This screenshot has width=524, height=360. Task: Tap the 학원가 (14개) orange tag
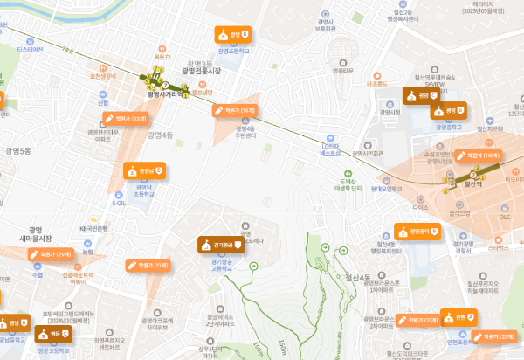(236, 111)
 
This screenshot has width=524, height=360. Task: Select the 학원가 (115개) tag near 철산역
(479, 155)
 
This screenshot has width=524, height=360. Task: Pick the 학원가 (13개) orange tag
(148, 264)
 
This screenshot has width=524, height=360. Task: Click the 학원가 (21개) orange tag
(418, 321)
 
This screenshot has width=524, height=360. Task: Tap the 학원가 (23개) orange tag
(495, 336)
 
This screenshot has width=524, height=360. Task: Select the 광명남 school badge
(144, 170)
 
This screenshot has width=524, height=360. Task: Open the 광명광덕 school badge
(415, 232)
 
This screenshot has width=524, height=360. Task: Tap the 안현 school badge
(462, 316)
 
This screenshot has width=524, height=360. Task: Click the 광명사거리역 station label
(166, 94)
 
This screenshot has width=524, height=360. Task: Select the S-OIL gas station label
(120, 202)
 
